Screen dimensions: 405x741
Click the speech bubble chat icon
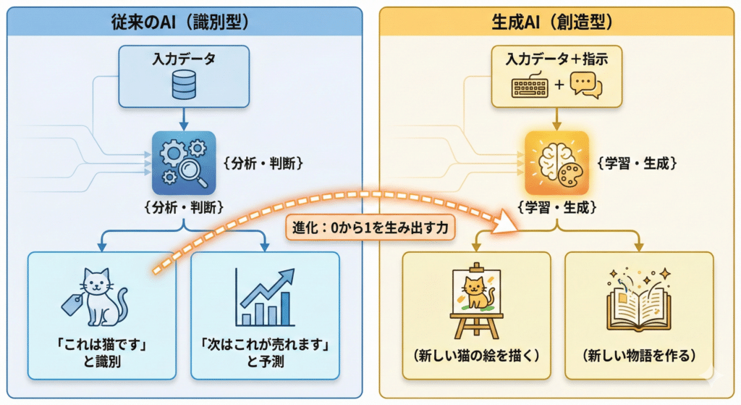(x=585, y=85)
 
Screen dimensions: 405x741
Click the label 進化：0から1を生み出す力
(x=372, y=228)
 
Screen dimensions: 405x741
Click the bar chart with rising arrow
(x=266, y=297)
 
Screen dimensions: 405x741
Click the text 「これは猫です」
(x=101, y=343)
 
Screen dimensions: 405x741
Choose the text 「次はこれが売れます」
(x=266, y=343)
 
